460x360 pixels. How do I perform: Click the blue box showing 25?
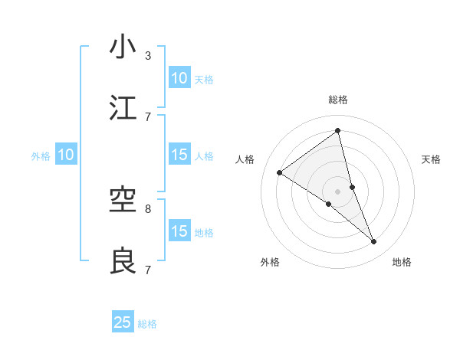(x=123, y=322)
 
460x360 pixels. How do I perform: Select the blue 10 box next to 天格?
(x=179, y=78)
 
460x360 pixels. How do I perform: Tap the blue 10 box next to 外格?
(x=66, y=155)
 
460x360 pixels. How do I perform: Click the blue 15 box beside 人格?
(x=179, y=155)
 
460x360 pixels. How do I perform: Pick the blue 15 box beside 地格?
(x=179, y=231)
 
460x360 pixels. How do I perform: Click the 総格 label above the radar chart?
(x=338, y=100)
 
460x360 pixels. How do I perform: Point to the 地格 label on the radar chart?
(x=402, y=262)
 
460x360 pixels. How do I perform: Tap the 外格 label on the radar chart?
(x=270, y=262)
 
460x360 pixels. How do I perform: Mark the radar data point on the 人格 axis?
(x=280, y=172)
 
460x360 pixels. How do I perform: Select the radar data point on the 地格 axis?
(x=374, y=242)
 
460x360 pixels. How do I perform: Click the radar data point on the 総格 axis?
(x=338, y=130)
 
